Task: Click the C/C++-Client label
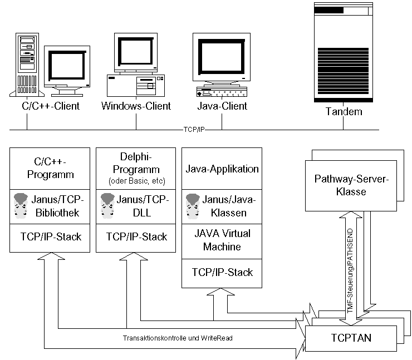point(47,105)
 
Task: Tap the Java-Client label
point(222,105)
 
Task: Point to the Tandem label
point(344,111)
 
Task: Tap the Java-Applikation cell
point(222,169)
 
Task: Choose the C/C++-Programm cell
point(50,167)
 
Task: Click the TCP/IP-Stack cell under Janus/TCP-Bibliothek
point(50,236)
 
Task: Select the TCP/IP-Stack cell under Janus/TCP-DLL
point(136,236)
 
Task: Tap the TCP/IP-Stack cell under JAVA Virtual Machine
point(222,272)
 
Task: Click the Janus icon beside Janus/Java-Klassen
point(193,205)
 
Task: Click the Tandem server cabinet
point(344,53)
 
